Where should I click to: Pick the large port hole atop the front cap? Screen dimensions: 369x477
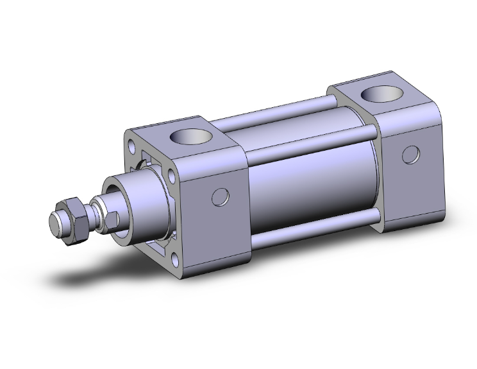point(192,137)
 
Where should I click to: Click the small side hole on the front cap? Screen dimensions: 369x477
point(220,197)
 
